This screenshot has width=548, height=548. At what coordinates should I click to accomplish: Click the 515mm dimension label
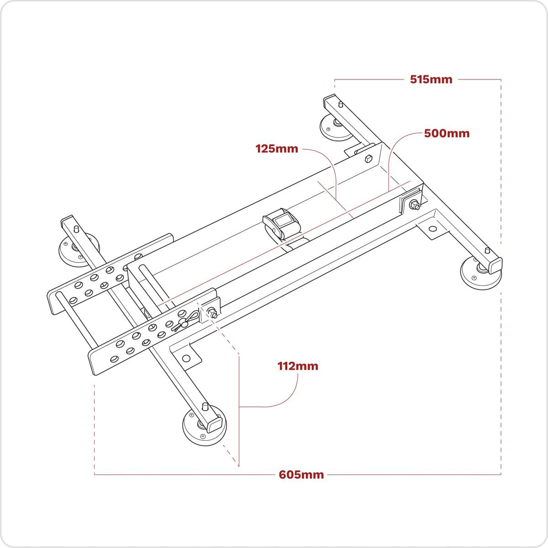431,79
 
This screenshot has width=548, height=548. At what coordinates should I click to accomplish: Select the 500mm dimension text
447,133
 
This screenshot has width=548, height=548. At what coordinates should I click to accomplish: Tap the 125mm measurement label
277,149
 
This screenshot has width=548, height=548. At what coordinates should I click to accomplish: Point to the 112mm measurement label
298,366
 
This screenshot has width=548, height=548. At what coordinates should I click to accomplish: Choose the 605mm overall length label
301,475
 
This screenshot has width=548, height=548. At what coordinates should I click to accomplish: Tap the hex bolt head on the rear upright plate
368,159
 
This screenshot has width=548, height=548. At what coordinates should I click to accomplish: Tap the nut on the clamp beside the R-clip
212,313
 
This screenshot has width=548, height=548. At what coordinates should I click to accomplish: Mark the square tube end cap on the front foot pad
214,426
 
